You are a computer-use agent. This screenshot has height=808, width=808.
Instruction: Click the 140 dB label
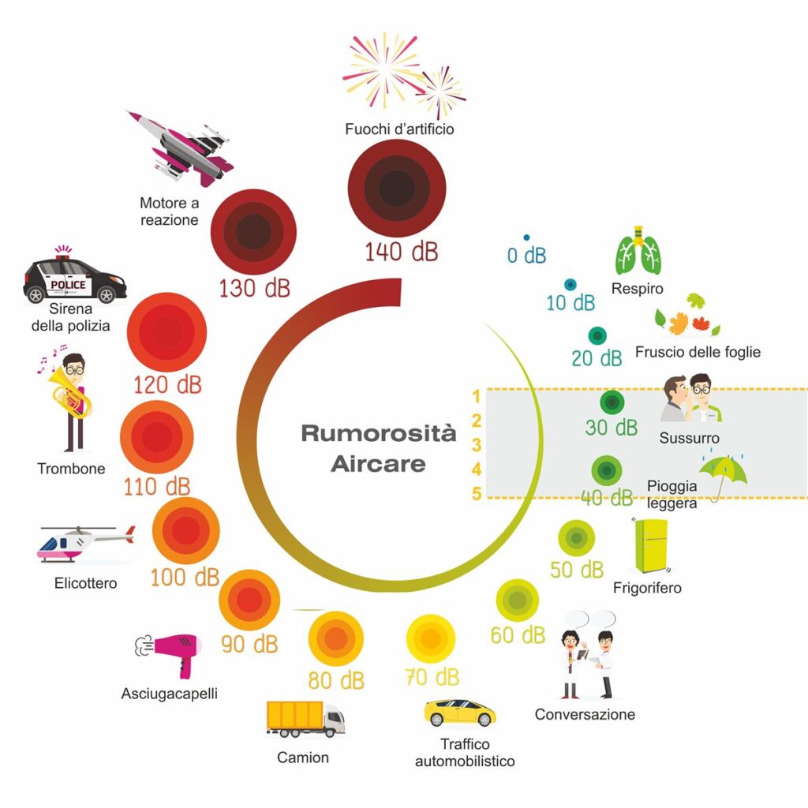(x=401, y=252)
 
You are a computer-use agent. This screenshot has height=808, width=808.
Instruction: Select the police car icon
(x=74, y=278)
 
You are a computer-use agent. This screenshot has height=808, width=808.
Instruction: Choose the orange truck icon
(x=305, y=718)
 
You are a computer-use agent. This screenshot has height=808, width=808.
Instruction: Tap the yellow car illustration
(x=460, y=712)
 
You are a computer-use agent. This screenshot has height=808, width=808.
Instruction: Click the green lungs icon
(x=638, y=252)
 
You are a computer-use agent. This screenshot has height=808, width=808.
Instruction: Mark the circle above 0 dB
(x=526, y=238)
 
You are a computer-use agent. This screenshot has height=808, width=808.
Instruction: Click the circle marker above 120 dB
(x=166, y=331)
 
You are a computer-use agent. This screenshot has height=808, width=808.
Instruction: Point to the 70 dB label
(x=432, y=677)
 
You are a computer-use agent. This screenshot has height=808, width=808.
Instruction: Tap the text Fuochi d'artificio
(x=399, y=129)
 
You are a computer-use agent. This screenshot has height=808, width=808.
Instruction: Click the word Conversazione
(x=585, y=715)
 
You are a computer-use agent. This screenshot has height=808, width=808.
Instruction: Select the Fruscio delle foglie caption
(x=698, y=352)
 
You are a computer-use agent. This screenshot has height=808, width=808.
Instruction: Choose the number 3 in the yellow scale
(x=477, y=444)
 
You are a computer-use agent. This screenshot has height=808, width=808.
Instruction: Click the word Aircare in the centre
(x=378, y=463)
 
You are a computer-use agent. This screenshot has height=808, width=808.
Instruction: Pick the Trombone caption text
(x=71, y=469)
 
